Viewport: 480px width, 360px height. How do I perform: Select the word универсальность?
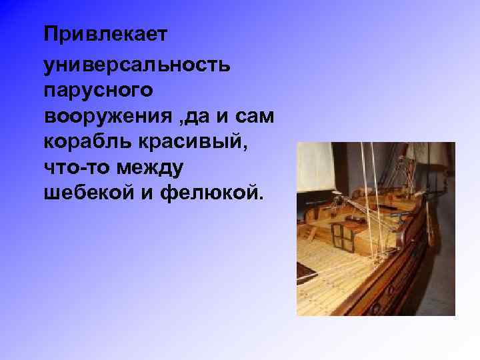(137, 65)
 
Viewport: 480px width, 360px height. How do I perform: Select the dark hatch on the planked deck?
(307, 271)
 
